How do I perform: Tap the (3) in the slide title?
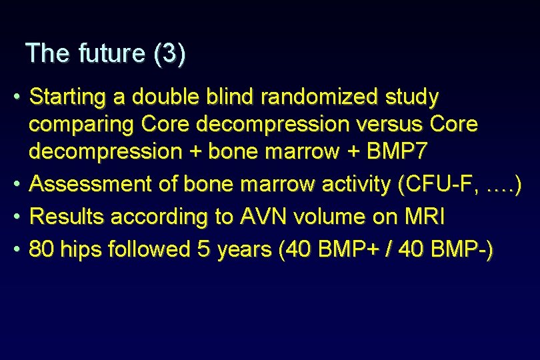(x=169, y=53)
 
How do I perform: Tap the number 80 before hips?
(x=43, y=249)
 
